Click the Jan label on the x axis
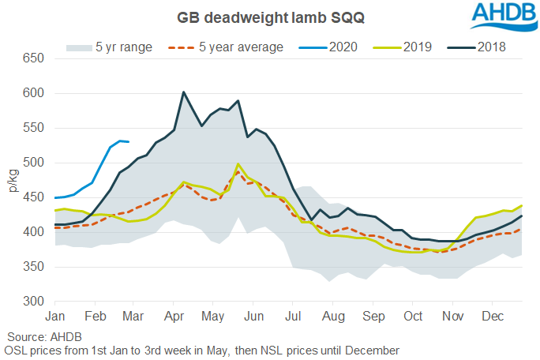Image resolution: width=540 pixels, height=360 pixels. tap(55, 316)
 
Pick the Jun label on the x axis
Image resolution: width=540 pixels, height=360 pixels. tap(253, 316)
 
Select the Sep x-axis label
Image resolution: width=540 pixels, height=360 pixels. tap(373, 316)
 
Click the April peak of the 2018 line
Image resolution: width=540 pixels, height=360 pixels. tap(183, 92)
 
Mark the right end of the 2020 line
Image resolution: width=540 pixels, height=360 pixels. tap(129, 142)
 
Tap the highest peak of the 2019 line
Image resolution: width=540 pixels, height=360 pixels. tap(238, 164)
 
